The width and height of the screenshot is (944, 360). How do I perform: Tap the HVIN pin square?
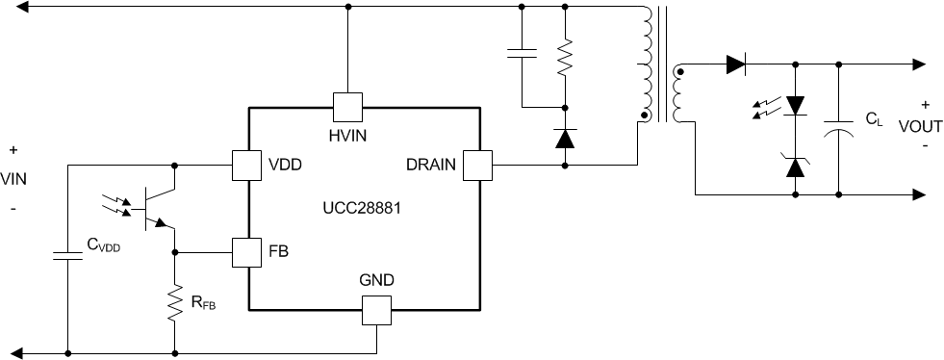[x=346, y=106]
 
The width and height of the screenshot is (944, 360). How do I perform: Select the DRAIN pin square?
[x=477, y=166]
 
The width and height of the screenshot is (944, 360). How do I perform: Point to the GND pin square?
[x=376, y=310]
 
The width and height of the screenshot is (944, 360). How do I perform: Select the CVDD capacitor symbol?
[x=68, y=256]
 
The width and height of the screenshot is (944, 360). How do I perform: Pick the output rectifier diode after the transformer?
[x=736, y=65]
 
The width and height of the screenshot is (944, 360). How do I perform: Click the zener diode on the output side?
[x=795, y=167]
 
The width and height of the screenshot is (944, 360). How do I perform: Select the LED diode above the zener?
[x=795, y=105]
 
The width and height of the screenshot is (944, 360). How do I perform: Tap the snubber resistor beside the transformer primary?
[x=565, y=57]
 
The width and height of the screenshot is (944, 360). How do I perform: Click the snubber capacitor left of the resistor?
[x=521, y=55]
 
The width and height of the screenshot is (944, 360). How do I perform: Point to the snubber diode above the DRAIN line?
[x=565, y=139]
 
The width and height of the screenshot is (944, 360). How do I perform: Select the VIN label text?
[x=13, y=179]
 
